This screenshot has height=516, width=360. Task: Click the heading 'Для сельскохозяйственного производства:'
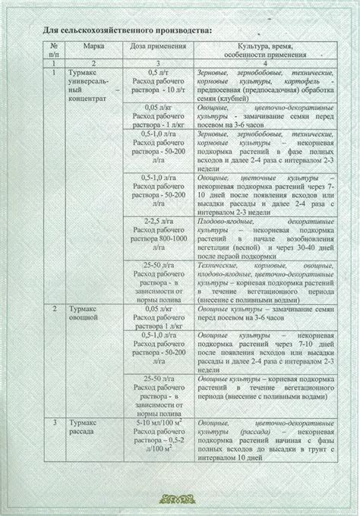pyautogui.click(x=124, y=29)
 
